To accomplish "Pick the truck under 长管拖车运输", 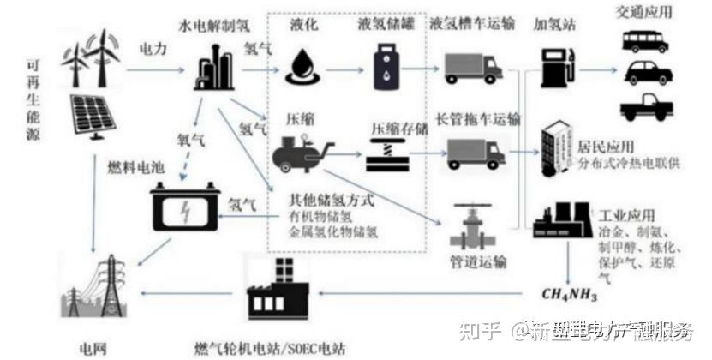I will (x=472, y=153).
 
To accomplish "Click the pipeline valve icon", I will (x=470, y=224).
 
